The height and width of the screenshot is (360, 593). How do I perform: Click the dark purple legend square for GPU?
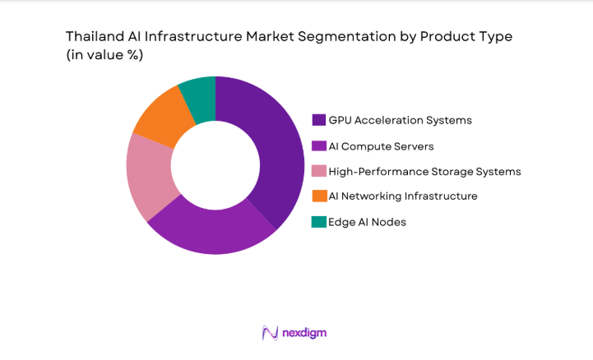[319, 120]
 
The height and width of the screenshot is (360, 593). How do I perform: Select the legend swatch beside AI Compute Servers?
[319, 145]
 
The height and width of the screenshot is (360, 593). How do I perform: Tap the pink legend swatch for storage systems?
[319, 171]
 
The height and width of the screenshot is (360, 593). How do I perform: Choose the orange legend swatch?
[319, 196]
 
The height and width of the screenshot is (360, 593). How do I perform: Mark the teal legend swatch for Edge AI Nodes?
[319, 222]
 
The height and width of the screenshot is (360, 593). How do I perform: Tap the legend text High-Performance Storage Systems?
[424, 171]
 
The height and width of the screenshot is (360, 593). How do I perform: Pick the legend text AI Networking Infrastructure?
[402, 196]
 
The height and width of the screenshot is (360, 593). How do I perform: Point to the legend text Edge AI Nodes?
[367, 222]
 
